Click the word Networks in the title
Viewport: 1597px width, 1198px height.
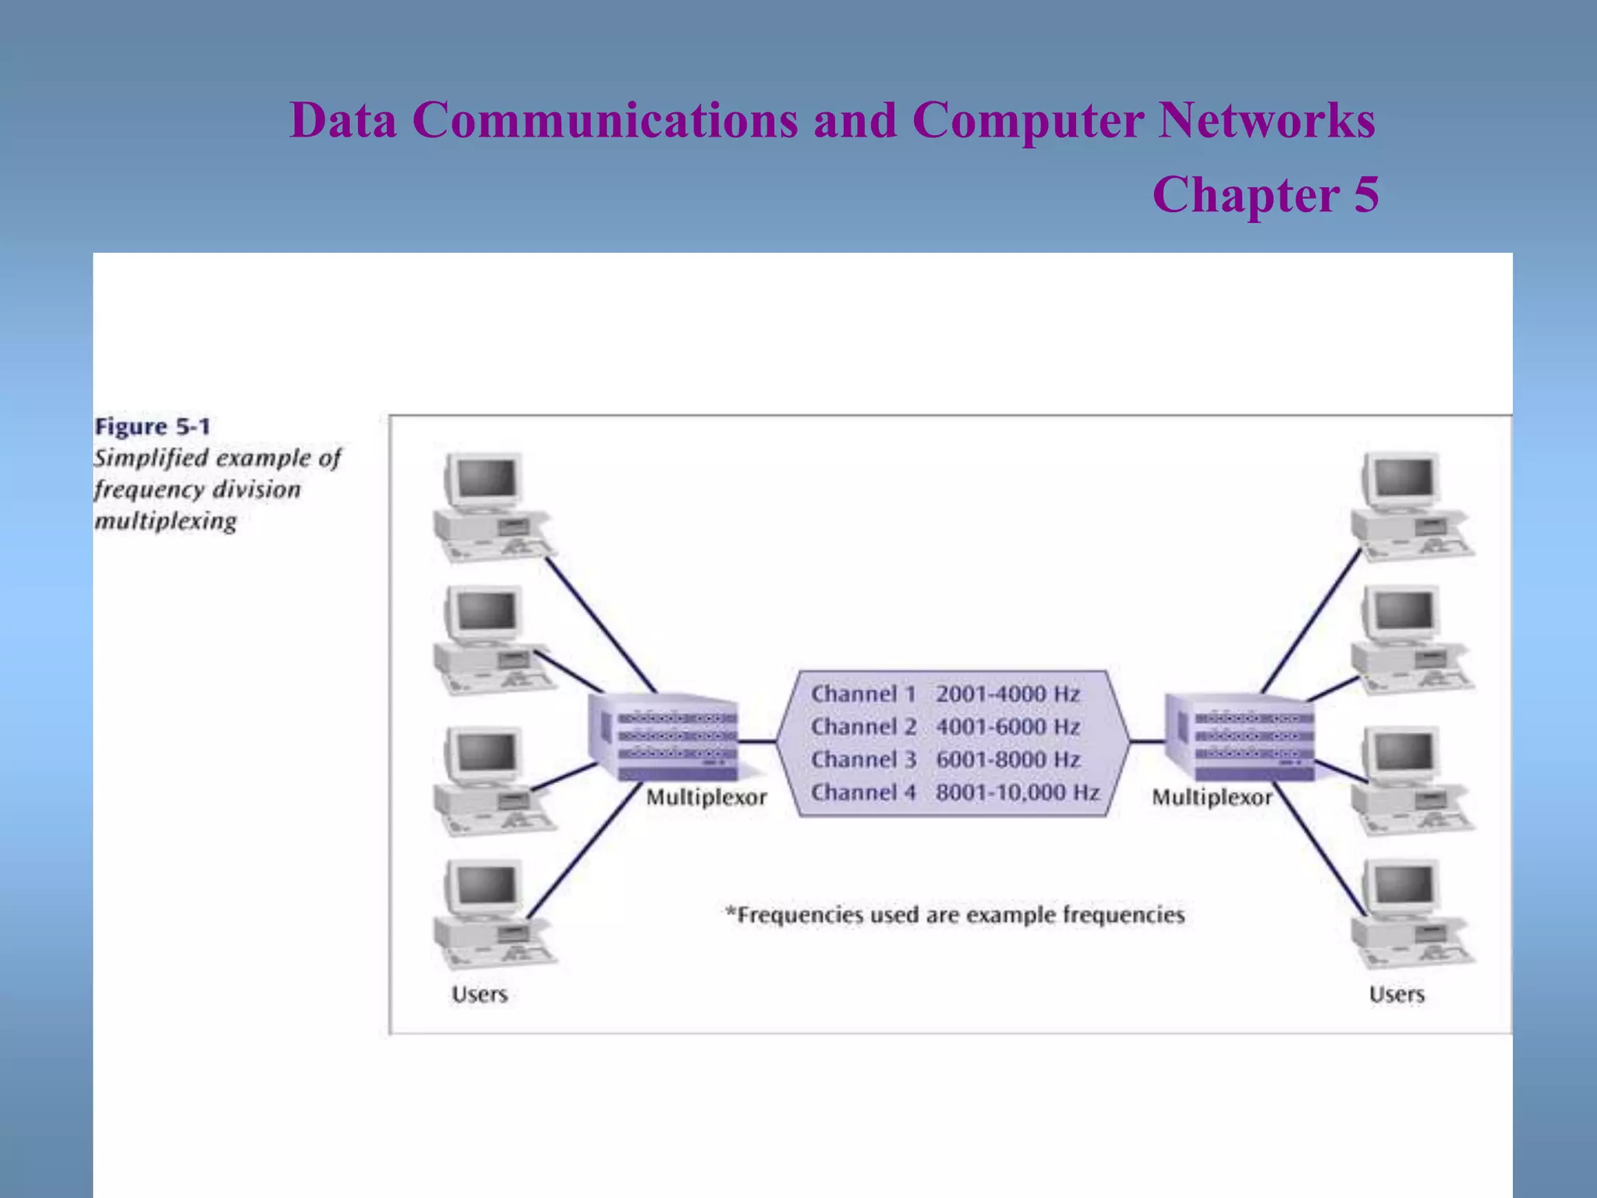pyautogui.click(x=1266, y=121)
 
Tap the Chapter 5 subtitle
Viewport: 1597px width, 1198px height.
pyautogui.click(x=1265, y=194)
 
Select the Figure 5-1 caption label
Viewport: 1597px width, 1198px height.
pyautogui.click(x=152, y=427)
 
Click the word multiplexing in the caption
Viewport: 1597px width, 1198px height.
pyautogui.click(x=165, y=520)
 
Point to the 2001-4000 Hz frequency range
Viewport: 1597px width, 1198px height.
pyautogui.click(x=1007, y=693)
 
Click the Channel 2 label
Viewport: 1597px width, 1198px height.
pyautogui.click(x=863, y=726)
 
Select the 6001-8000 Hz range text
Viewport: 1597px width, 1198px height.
pyautogui.click(x=1007, y=759)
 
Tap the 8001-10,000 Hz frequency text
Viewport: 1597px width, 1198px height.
pyautogui.click(x=1017, y=792)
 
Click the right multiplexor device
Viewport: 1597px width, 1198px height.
pyautogui.click(x=1240, y=737)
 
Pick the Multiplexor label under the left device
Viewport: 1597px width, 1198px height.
pyautogui.click(x=706, y=797)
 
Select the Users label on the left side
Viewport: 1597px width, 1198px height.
pyautogui.click(x=480, y=994)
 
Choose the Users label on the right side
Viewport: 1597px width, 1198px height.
pyautogui.click(x=1397, y=994)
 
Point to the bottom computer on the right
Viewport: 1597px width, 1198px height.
pyautogui.click(x=1408, y=913)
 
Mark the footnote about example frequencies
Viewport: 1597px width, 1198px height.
pyautogui.click(x=954, y=915)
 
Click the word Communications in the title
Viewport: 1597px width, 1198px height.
pyautogui.click(x=605, y=121)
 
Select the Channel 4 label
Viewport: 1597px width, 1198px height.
pyautogui.click(x=863, y=792)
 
